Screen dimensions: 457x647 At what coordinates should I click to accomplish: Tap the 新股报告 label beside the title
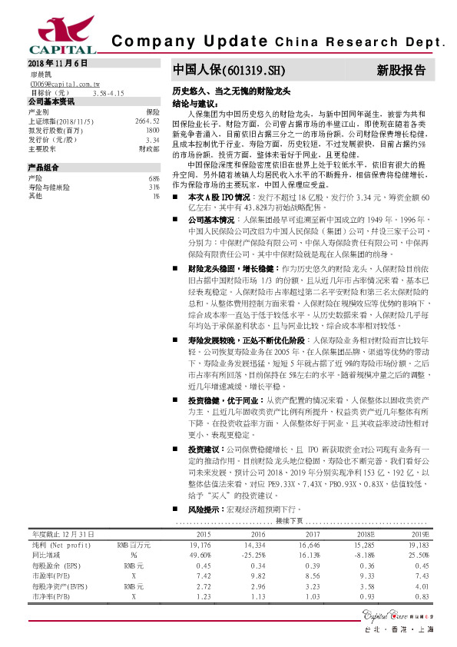[x=400, y=71]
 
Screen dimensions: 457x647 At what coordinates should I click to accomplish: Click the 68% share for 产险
[x=154, y=178]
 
